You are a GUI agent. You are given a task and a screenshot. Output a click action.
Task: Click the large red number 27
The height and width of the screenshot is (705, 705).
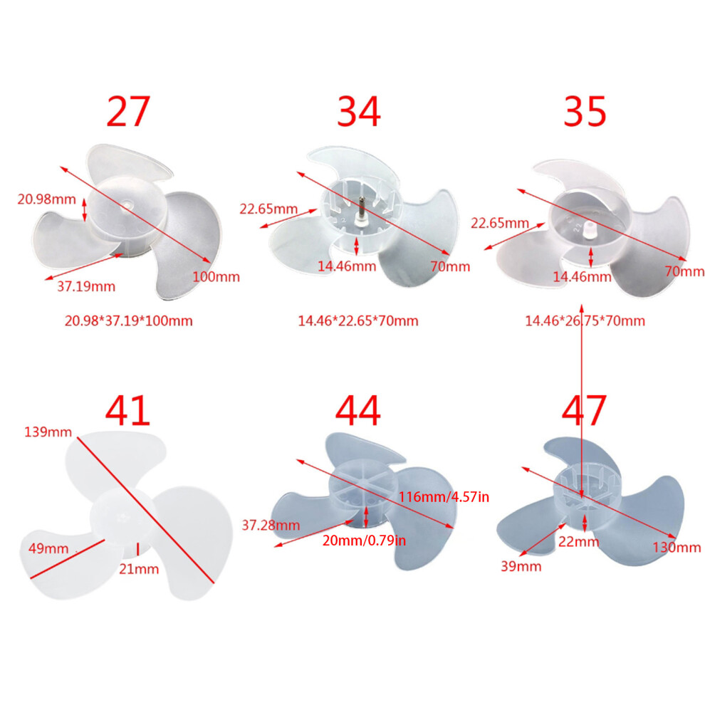(128, 111)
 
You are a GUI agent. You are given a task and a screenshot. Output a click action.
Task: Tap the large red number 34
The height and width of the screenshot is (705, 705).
(359, 111)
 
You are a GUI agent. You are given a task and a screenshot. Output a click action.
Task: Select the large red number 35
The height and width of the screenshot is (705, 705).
(585, 111)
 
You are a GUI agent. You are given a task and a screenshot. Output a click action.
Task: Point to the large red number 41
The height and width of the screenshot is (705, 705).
(127, 410)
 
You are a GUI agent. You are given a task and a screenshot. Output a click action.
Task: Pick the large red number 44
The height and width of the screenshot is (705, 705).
(358, 410)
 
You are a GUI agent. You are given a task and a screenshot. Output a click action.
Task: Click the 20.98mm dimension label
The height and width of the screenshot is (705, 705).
(47, 199)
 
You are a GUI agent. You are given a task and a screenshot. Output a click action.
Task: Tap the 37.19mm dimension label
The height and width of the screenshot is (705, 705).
(86, 286)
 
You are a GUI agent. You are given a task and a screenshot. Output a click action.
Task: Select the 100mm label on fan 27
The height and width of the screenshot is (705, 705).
(216, 276)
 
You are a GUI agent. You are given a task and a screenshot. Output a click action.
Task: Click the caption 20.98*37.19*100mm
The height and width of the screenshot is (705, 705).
(129, 320)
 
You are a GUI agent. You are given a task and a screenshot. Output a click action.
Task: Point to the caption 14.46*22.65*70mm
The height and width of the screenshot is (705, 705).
(358, 320)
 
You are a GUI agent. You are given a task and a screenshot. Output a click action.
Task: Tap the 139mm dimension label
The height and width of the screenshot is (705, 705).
(48, 432)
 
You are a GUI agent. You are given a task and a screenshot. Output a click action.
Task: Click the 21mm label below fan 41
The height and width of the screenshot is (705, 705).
(139, 569)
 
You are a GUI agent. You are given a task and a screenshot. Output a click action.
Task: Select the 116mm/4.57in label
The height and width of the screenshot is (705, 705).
(444, 497)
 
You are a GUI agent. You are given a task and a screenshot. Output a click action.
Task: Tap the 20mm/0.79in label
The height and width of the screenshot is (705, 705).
(364, 540)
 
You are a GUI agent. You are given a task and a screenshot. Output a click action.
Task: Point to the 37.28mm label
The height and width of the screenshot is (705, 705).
(271, 525)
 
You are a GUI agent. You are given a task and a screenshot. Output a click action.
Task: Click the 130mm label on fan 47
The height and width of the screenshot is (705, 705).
(677, 547)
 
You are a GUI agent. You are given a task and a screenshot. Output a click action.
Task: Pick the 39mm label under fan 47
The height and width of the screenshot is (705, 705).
(521, 566)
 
